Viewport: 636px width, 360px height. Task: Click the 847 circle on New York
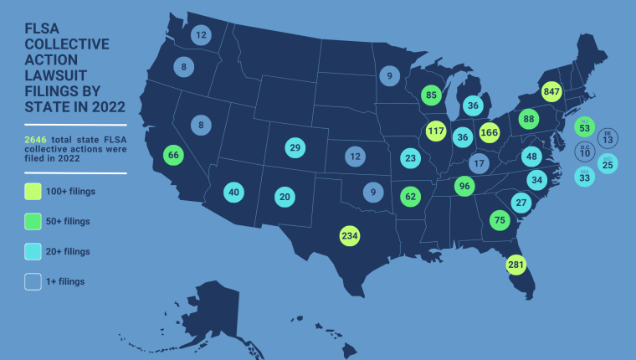click(x=551, y=91)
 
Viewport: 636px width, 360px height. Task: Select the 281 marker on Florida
click(x=516, y=265)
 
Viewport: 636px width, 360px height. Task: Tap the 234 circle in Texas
click(x=350, y=235)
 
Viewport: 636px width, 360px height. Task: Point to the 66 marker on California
click(x=173, y=154)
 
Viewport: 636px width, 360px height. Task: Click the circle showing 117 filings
click(x=436, y=131)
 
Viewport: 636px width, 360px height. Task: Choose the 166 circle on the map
click(x=490, y=131)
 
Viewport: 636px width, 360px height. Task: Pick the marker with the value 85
click(x=431, y=95)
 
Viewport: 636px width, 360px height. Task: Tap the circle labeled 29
click(x=295, y=147)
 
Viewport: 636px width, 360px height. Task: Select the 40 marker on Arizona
click(x=233, y=192)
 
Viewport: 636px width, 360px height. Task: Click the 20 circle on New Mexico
click(x=285, y=197)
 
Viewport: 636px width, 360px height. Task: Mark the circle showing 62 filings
click(x=409, y=197)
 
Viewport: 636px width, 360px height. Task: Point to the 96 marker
click(x=464, y=185)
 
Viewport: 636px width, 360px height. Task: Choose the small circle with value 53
click(x=584, y=126)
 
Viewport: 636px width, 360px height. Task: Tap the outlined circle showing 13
click(x=608, y=136)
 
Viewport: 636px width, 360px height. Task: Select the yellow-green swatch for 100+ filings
click(x=33, y=191)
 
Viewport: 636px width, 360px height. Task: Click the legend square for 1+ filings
click(x=33, y=281)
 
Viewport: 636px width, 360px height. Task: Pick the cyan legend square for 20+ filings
click(x=33, y=251)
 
